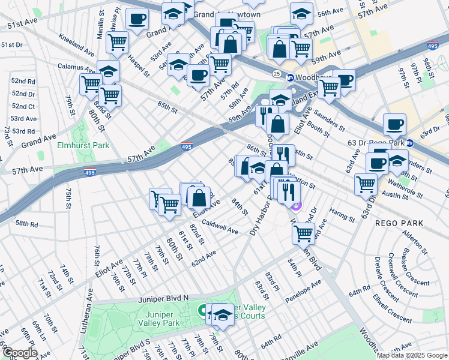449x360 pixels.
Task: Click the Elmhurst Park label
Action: (x=83, y=145)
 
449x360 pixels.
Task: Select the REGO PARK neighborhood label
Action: (x=399, y=223)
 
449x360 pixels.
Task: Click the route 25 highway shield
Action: (x=276, y=73)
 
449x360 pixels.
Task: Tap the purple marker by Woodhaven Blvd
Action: (x=296, y=207)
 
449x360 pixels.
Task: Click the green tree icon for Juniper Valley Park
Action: (x=202, y=311)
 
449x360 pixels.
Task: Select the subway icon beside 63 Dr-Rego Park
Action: (x=411, y=143)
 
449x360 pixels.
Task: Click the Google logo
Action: (x=19, y=353)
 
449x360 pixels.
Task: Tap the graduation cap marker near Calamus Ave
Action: (x=109, y=71)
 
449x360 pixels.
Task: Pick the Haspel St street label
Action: (x=139, y=66)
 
